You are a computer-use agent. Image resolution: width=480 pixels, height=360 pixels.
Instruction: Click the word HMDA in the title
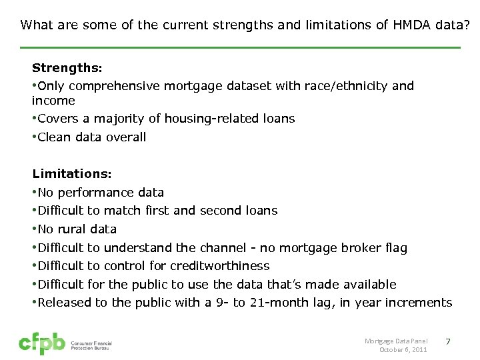(411, 25)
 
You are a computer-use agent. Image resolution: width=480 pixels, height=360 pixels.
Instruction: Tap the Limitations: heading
(72, 174)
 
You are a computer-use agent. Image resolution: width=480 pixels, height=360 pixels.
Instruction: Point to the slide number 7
(448, 342)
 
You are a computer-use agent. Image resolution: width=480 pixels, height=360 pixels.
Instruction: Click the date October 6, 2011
(403, 349)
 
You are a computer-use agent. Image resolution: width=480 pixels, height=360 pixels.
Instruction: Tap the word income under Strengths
(53, 101)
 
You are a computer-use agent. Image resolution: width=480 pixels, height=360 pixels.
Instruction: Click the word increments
(420, 303)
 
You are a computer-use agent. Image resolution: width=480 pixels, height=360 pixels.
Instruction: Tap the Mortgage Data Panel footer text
(395, 341)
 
